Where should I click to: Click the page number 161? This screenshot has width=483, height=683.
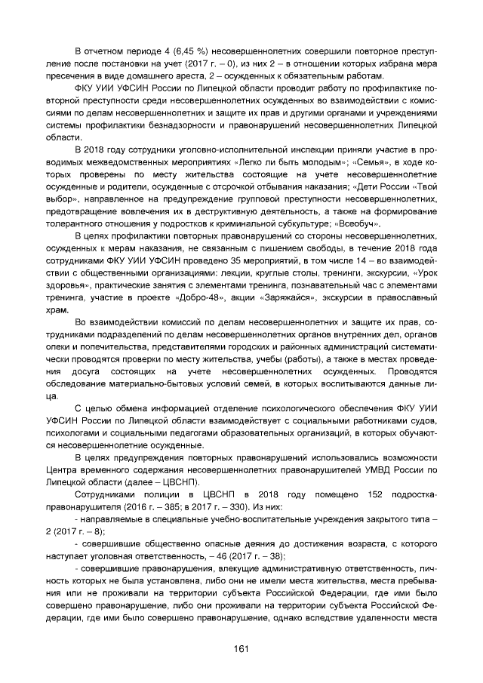click(x=241, y=648)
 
